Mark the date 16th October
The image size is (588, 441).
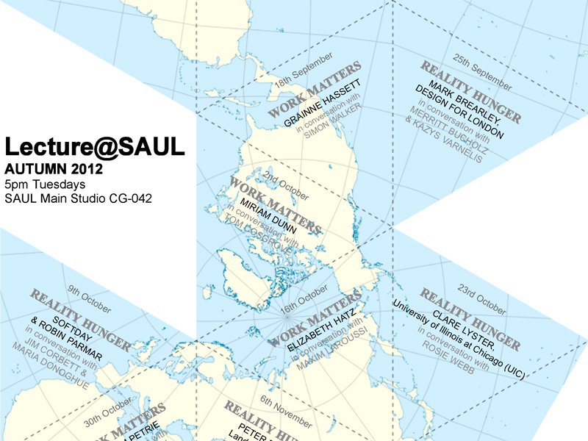(303, 298)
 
